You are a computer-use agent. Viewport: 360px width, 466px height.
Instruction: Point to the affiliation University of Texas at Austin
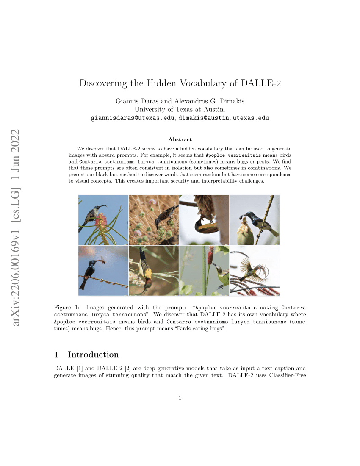pos(180,109)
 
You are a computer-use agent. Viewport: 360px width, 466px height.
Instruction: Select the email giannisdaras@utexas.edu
pos(133,118)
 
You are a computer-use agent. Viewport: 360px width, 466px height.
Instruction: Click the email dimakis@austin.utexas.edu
pos(224,118)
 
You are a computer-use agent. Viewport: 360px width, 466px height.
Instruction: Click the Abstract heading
pos(180,139)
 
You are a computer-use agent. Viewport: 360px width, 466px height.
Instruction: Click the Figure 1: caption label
pos(66,307)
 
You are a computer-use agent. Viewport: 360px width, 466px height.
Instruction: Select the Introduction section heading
pos(93,355)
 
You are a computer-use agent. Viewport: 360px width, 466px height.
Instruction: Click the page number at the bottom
pos(180,398)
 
